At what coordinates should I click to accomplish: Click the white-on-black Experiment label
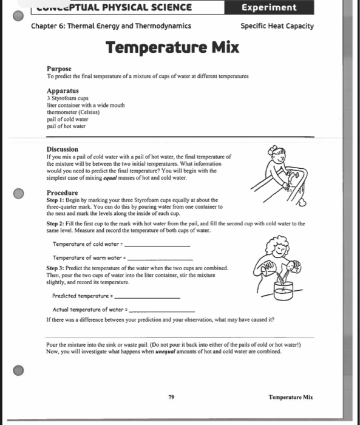pos(268,7)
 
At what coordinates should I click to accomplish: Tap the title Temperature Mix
pos(172,47)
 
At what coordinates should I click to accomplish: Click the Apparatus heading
pos(63,90)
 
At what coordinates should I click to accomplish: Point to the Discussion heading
pos(63,149)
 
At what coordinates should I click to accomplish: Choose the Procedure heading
pos(63,192)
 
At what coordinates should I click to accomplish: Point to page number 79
pos(172,396)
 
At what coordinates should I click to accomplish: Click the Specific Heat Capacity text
pos(277,26)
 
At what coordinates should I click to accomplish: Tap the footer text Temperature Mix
pos(290,397)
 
